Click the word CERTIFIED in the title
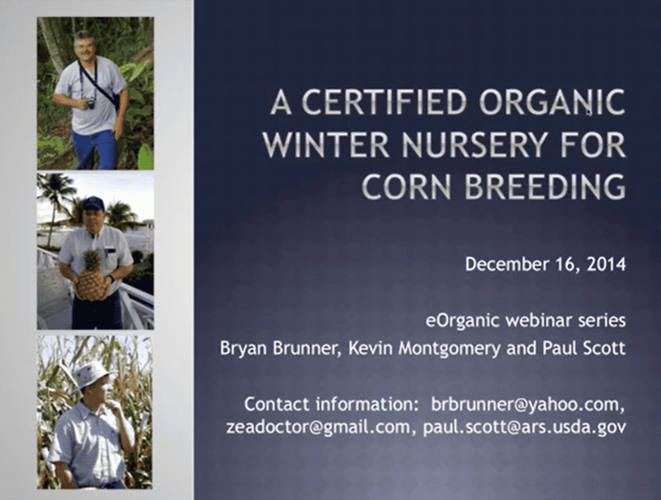(x=385, y=102)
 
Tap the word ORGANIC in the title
(x=552, y=102)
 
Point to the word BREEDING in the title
(x=545, y=186)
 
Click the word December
(x=507, y=265)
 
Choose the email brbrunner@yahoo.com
(x=528, y=404)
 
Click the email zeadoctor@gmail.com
(x=318, y=427)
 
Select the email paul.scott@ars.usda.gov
(x=524, y=427)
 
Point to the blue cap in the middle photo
(x=93, y=203)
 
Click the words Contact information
(x=331, y=404)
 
